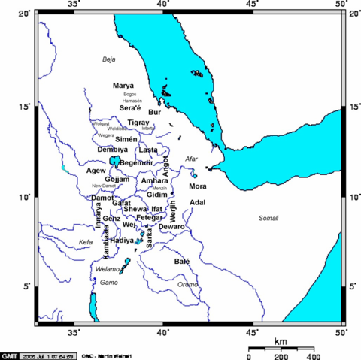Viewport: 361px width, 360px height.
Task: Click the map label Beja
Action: (x=111, y=59)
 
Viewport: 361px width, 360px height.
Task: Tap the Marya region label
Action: (x=123, y=86)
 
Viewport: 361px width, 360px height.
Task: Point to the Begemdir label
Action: (x=136, y=162)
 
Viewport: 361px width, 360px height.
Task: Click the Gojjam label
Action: (x=118, y=180)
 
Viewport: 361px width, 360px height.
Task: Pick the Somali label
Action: (x=268, y=219)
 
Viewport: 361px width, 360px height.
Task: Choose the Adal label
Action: (x=198, y=202)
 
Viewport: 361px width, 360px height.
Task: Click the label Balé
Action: (x=182, y=262)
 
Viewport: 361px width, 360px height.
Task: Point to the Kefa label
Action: (x=87, y=241)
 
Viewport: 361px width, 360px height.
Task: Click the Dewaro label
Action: (x=171, y=226)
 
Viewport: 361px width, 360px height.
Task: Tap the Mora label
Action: (x=198, y=186)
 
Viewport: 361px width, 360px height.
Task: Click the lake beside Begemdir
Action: (x=114, y=161)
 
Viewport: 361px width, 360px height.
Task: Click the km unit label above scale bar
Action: (x=280, y=342)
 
